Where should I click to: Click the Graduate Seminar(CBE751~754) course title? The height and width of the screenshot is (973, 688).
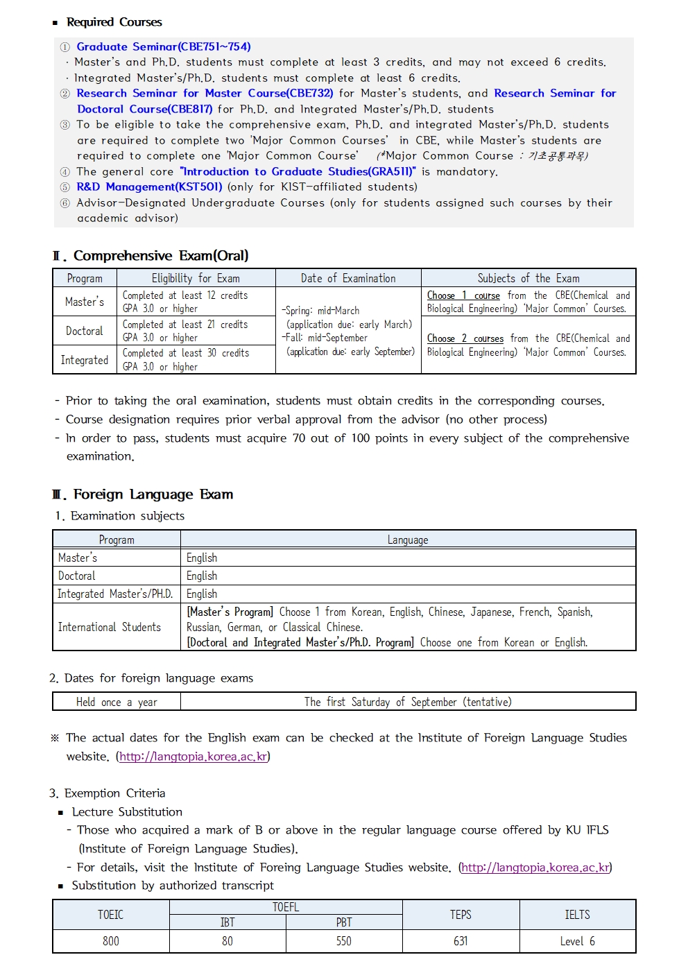pos(163,46)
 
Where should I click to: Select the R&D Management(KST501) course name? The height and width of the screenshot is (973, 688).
pos(149,187)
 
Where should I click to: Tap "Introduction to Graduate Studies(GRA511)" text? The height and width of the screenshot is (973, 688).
pos(298,171)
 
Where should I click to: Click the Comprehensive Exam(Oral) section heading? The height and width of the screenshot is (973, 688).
pos(160,255)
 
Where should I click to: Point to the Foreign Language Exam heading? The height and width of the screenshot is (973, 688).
pos(153,494)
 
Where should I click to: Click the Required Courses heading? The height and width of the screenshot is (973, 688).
pos(114,22)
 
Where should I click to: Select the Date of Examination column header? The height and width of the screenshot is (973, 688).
pos(348,278)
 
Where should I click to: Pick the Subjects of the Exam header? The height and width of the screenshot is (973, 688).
pos(528,278)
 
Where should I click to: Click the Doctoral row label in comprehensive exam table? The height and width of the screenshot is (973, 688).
pos(84,331)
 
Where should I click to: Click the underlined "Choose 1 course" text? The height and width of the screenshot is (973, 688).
pos(463,295)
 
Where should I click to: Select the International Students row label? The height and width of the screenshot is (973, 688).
pos(110,627)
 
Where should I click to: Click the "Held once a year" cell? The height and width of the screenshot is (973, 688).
pos(117,702)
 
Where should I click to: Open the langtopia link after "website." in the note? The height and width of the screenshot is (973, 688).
pos(193,756)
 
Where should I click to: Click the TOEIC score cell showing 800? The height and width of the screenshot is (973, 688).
pos(111,941)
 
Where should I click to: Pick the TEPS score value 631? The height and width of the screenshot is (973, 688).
pos(461,941)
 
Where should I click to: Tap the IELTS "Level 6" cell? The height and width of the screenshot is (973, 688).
pos(577,941)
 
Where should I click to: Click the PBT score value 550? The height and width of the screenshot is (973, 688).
pos(344,941)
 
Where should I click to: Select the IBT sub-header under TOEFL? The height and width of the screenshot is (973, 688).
pos(227,922)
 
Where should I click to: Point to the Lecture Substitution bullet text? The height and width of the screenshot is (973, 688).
pos(127,811)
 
